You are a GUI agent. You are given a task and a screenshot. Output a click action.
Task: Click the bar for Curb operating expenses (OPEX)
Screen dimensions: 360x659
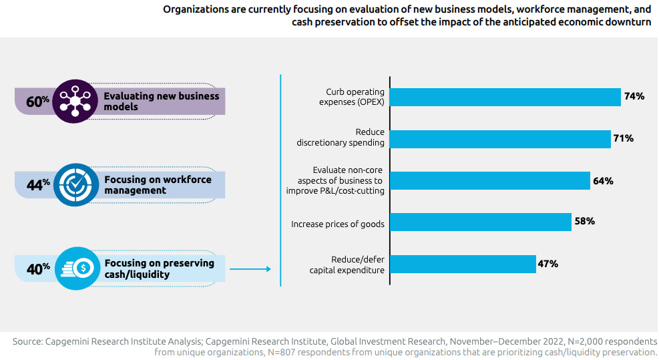505,97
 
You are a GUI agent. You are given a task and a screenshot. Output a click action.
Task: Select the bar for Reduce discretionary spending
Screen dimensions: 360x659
500,138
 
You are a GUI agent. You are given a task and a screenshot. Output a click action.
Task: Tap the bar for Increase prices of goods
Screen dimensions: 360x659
481,222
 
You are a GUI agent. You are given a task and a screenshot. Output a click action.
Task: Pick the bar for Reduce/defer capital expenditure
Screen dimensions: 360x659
463,264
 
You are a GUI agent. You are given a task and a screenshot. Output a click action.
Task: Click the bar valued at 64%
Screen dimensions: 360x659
490,180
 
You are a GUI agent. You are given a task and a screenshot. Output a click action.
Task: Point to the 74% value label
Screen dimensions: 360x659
634,97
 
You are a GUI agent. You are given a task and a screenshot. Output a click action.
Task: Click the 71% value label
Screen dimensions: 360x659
623,138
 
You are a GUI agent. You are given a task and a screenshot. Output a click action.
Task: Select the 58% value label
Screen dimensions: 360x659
584,222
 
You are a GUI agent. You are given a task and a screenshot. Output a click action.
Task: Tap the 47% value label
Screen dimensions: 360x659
547,264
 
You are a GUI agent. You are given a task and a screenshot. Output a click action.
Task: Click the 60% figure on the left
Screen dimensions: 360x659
37,102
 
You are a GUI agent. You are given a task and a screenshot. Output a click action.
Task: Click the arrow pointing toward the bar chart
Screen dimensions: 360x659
250,269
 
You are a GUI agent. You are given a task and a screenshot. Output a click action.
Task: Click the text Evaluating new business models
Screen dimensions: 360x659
161,102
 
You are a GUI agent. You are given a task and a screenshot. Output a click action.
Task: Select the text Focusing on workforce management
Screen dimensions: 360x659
158,185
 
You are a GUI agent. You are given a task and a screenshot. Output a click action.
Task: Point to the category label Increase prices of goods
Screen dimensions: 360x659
337,224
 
